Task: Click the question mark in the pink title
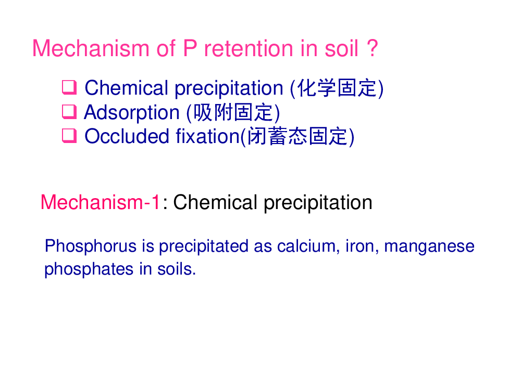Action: coord(373,48)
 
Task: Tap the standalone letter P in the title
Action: coord(190,48)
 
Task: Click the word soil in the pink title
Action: coord(341,48)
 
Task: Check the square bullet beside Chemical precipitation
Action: coord(69,87)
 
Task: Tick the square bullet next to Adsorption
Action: coord(69,112)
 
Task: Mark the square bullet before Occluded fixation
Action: coord(69,136)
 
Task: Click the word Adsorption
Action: coord(132,113)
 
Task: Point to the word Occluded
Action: coord(127,136)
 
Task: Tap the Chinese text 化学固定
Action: coord(337,88)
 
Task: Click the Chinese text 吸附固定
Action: coord(233,112)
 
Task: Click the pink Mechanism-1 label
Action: coord(101,202)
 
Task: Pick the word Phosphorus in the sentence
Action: coord(91,246)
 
